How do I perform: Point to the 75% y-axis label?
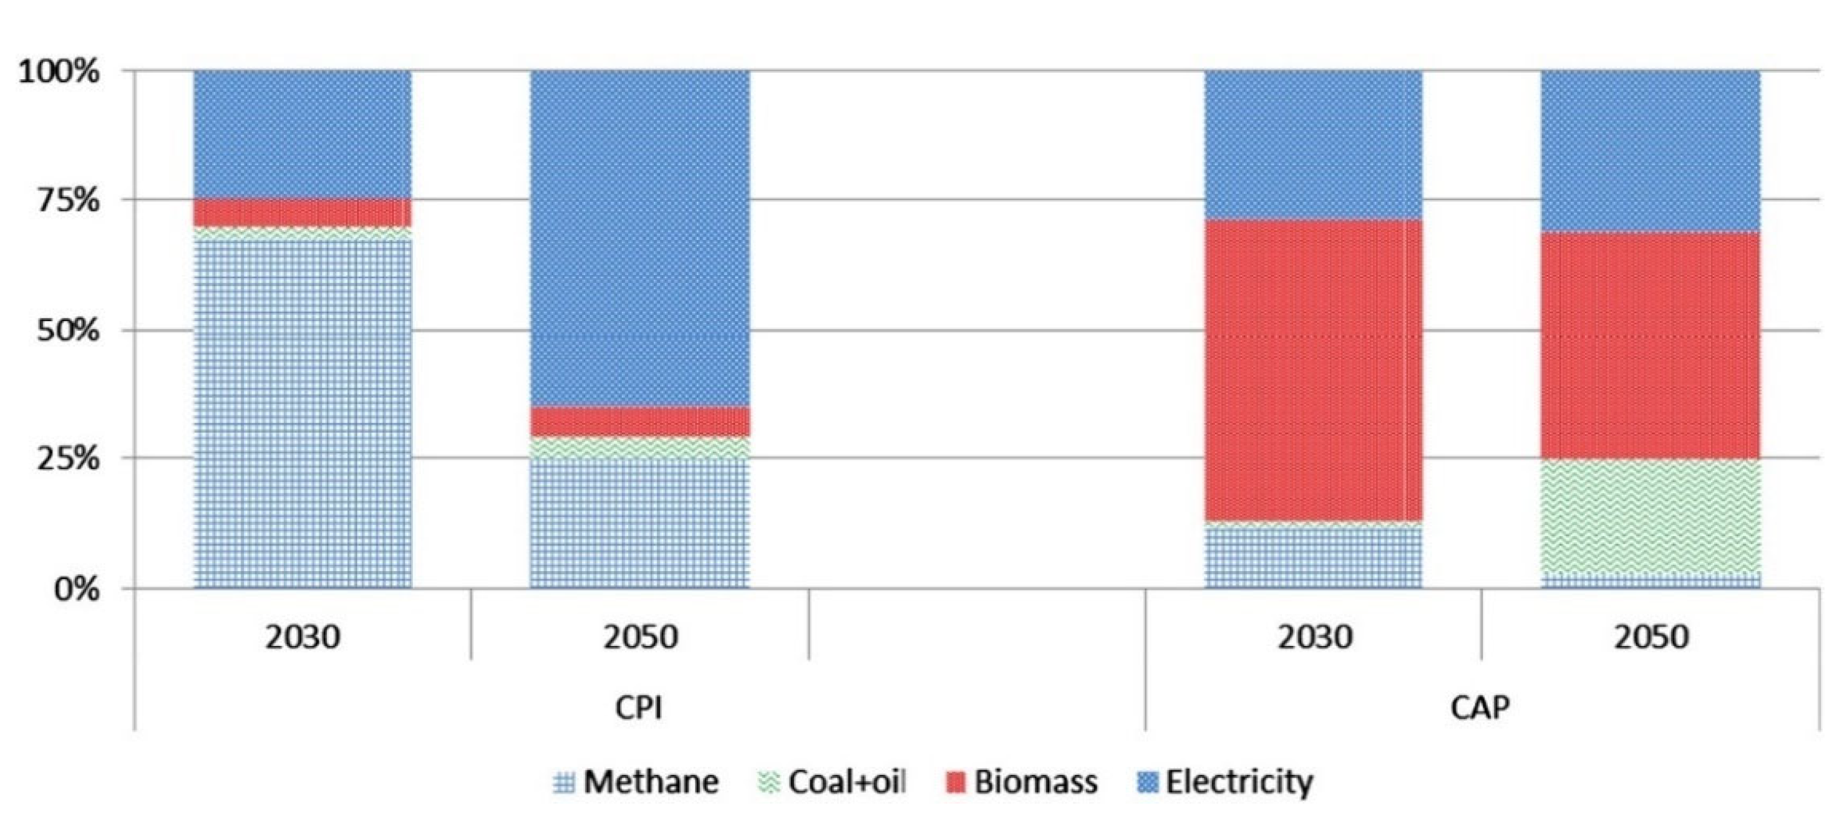coord(68,200)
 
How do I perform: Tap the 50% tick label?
coord(68,330)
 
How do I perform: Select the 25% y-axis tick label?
coord(68,458)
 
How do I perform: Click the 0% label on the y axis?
coord(76,589)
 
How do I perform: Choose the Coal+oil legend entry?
coord(831,781)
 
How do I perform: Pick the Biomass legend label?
coord(1021,781)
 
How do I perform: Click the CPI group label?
coord(639,708)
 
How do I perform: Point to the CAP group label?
coord(1480,708)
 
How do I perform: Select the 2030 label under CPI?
coord(303,637)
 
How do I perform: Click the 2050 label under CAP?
coord(1651,637)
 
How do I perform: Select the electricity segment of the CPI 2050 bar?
coord(639,236)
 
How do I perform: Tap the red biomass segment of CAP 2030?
coord(1314,369)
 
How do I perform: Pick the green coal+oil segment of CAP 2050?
coord(1651,516)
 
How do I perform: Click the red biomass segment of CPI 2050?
coord(639,421)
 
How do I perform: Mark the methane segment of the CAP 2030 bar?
coord(1314,558)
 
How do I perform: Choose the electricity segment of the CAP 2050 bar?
coord(1651,150)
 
